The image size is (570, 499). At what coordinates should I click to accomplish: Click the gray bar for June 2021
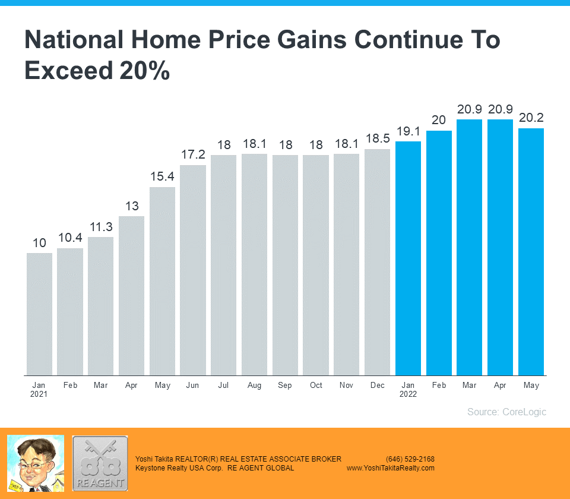click(193, 270)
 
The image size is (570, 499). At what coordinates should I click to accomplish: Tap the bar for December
click(378, 262)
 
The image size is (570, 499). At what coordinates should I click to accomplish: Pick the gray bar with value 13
click(131, 295)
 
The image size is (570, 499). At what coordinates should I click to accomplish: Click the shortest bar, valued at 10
click(39, 314)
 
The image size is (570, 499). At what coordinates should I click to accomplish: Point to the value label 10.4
click(70, 238)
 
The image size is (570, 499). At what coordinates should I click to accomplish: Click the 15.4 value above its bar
click(162, 177)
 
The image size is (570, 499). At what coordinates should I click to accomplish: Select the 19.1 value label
click(408, 131)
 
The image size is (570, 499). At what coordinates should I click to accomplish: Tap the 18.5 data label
click(378, 139)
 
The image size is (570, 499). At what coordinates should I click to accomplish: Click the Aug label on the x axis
click(254, 386)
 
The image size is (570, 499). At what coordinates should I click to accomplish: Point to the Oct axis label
click(316, 386)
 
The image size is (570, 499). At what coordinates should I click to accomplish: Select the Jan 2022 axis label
click(408, 389)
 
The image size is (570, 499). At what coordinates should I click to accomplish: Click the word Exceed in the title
click(68, 70)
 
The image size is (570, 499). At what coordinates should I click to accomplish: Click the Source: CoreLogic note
click(506, 412)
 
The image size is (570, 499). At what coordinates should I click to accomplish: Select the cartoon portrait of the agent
click(36, 463)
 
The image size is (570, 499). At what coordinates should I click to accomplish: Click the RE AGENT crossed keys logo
click(100, 463)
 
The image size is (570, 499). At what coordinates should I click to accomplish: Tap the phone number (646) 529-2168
click(410, 459)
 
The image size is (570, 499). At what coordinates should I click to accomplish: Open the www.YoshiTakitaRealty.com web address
click(391, 468)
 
